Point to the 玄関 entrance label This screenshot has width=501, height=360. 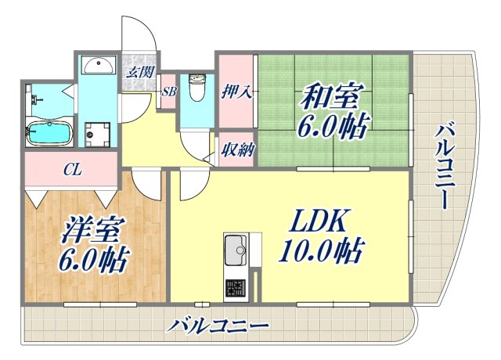[x=139, y=73]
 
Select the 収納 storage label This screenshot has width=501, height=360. [x=236, y=149]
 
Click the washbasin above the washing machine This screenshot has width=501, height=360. [x=99, y=66]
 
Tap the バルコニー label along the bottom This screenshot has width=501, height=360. [x=218, y=324]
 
